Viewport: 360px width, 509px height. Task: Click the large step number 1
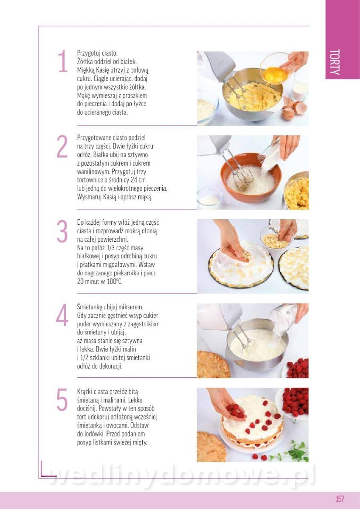(x=63, y=61)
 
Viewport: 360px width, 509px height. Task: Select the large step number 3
(x=62, y=231)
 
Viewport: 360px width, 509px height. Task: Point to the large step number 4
(x=62, y=315)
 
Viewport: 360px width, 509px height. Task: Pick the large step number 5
(x=62, y=399)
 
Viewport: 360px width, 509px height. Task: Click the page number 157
(x=340, y=498)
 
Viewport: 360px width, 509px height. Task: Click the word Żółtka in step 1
(x=85, y=62)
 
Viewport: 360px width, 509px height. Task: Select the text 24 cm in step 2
(x=138, y=180)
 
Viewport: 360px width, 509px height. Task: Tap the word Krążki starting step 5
(x=85, y=392)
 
